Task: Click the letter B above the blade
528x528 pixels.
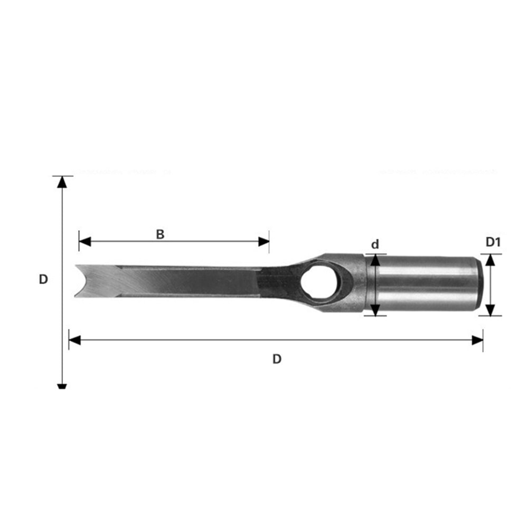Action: pyautogui.click(x=160, y=234)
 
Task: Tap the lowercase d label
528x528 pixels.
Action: pyautogui.click(x=375, y=244)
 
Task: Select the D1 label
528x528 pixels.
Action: pyautogui.click(x=493, y=242)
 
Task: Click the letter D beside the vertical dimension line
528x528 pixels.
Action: pyautogui.click(x=43, y=279)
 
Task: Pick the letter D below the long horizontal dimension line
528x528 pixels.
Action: pyautogui.click(x=277, y=359)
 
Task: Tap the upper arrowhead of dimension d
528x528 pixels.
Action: pyautogui.click(x=375, y=259)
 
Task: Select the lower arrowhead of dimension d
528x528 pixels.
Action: pyautogui.click(x=375, y=310)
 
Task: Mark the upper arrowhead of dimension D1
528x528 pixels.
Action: pyautogui.click(x=491, y=259)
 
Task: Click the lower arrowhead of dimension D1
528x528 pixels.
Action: pyautogui.click(x=491, y=310)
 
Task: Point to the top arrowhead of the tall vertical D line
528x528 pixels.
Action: pyautogui.click(x=62, y=182)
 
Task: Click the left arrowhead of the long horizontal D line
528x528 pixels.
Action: pyautogui.click(x=74, y=340)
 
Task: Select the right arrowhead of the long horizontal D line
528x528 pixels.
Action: pyautogui.click(x=477, y=340)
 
